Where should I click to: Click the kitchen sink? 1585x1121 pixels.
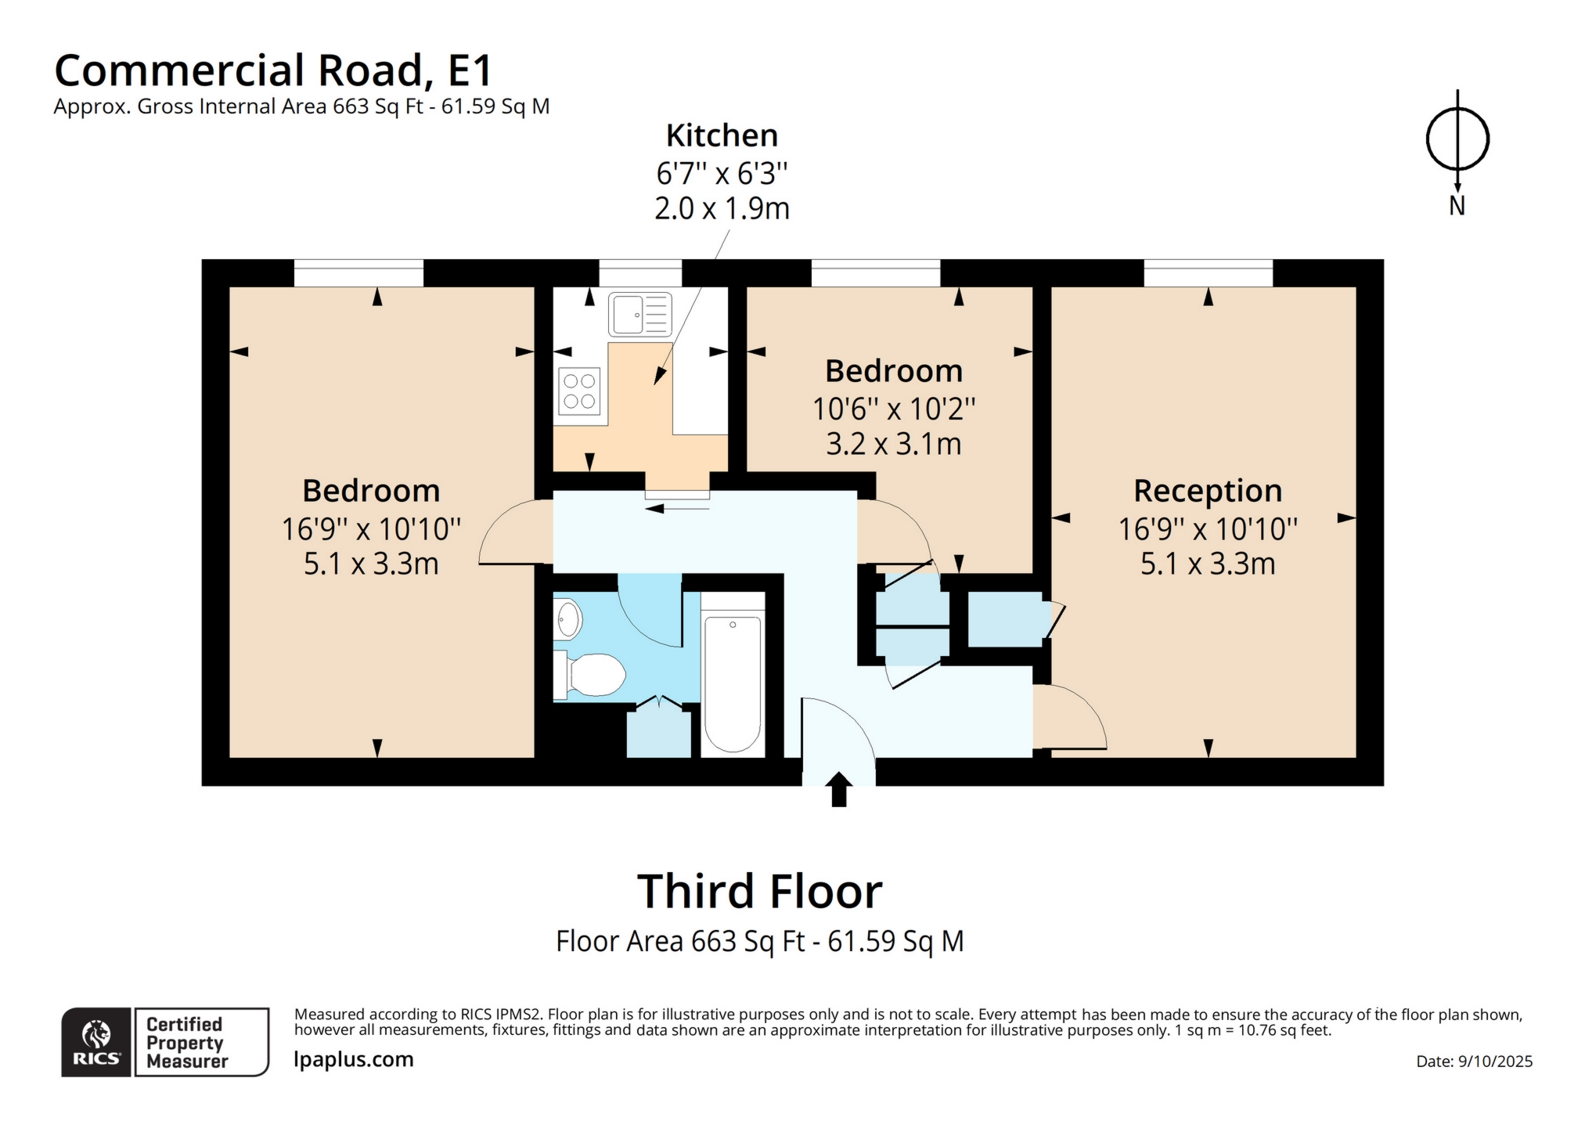click(x=639, y=315)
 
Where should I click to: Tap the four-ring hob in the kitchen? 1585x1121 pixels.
click(x=579, y=391)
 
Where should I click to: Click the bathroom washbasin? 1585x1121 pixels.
click(x=568, y=620)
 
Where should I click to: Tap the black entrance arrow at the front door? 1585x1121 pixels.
click(x=838, y=789)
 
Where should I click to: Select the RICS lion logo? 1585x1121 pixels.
click(x=96, y=1034)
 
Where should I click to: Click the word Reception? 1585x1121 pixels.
click(x=1208, y=491)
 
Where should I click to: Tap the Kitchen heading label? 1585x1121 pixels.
click(x=722, y=135)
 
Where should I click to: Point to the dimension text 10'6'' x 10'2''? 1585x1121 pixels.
click(x=894, y=409)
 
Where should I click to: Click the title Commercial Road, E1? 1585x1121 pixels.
click(x=273, y=70)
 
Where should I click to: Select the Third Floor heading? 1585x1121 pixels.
click(x=759, y=891)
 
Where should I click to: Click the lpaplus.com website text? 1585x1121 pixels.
click(x=354, y=1059)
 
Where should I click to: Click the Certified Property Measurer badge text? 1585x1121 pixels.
click(x=186, y=1043)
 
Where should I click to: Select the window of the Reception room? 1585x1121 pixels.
click(x=1209, y=273)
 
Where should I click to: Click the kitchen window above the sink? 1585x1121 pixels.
click(x=640, y=273)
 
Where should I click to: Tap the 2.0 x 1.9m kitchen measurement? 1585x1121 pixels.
click(x=722, y=208)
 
